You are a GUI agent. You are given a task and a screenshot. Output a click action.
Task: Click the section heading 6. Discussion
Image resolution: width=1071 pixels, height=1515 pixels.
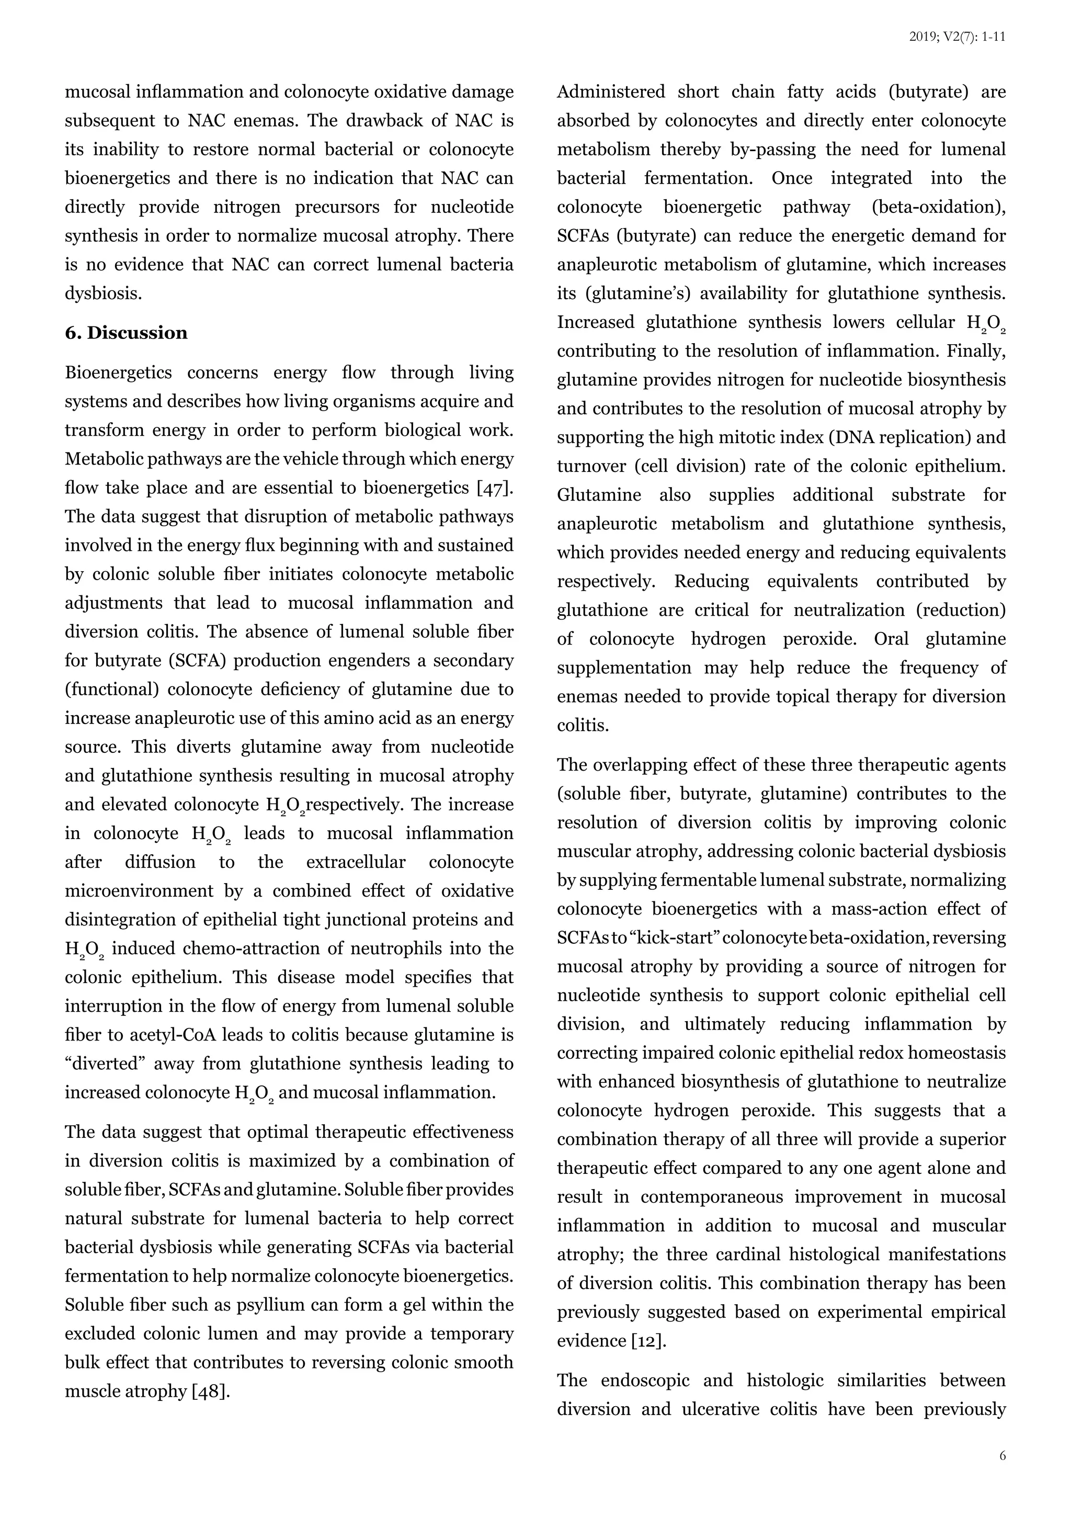[x=126, y=333]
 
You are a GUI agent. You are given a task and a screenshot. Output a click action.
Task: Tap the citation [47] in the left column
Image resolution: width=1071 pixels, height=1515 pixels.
[x=495, y=488]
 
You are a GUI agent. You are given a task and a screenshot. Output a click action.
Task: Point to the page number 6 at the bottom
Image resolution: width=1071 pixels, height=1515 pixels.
[x=1002, y=1475]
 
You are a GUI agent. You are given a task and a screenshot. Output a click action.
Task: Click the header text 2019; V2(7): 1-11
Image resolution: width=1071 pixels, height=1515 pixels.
[x=957, y=37]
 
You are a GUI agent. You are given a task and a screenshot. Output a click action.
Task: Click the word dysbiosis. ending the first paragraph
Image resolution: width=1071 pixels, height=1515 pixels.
[x=104, y=293]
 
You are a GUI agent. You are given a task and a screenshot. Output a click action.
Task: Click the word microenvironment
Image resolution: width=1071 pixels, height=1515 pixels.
[x=139, y=891]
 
